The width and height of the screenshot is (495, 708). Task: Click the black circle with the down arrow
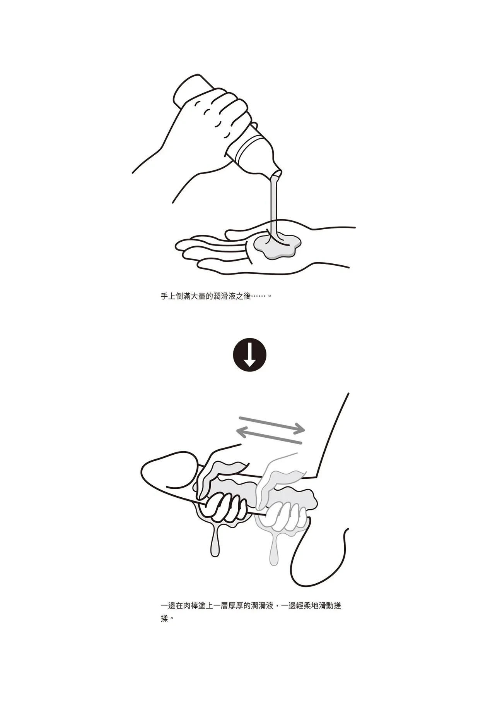250,355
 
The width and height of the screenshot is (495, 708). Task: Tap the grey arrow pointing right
272,424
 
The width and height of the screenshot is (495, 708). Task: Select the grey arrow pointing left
269,435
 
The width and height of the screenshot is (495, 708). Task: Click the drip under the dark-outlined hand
217,540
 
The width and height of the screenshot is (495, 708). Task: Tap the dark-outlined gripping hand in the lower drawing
222,488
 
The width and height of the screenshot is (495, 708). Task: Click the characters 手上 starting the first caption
169,297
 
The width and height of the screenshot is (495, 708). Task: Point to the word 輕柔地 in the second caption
301,606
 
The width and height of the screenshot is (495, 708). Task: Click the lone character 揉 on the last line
165,619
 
